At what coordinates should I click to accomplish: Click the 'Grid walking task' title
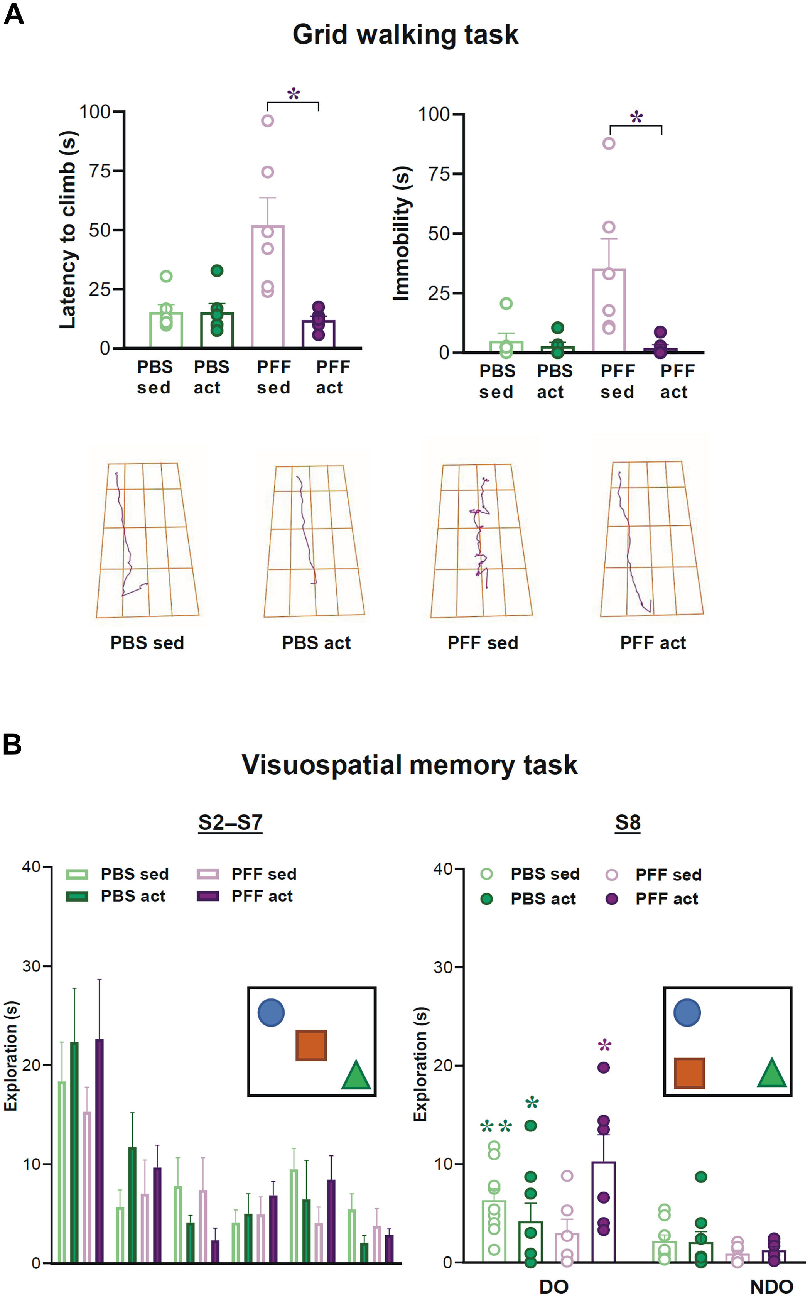(x=405, y=35)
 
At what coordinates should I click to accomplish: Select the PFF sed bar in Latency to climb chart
(x=267, y=286)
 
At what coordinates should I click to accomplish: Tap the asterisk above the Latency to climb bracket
(x=294, y=94)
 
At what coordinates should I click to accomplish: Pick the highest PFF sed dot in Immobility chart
(x=609, y=143)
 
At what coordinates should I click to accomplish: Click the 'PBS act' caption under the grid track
(x=316, y=642)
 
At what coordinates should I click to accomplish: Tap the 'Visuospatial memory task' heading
(x=409, y=765)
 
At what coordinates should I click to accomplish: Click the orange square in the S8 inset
(x=689, y=1073)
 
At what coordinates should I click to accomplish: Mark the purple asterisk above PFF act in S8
(x=604, y=1045)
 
